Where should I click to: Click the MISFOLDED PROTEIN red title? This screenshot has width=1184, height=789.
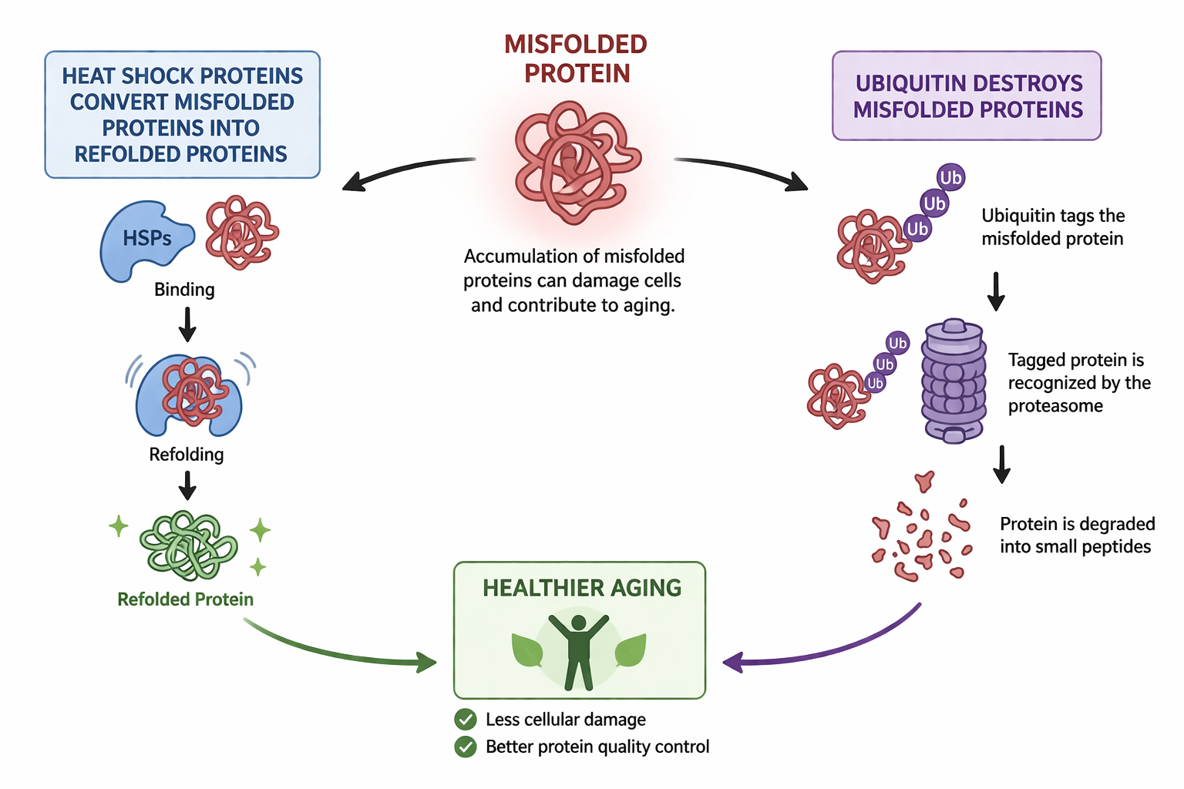tap(576, 59)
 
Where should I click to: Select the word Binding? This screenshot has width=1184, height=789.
tap(184, 290)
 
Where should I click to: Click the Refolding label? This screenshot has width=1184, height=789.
tap(186, 455)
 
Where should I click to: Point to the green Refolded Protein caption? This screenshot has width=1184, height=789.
tap(186, 599)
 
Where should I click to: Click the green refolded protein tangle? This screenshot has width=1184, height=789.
tap(188, 546)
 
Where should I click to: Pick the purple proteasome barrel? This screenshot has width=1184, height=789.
tap(954, 381)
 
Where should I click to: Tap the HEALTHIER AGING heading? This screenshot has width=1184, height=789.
tap(582, 588)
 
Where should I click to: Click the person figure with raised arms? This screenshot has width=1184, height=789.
tap(579, 653)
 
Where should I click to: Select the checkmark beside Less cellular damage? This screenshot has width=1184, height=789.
tap(465, 719)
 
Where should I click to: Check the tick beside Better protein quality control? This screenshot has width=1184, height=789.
tap(465, 747)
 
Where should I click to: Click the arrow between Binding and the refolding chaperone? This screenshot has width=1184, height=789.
tap(187, 325)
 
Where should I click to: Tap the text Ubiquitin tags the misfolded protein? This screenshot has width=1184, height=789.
tap(1053, 227)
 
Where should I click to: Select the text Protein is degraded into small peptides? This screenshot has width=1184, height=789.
tap(1077, 535)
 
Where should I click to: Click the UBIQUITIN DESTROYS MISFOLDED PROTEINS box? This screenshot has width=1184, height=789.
tap(967, 96)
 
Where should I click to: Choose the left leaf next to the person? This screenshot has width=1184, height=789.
tap(527, 650)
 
